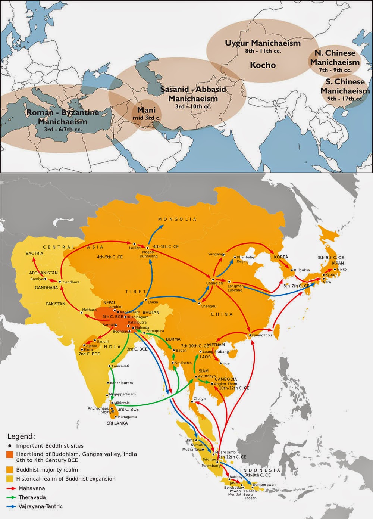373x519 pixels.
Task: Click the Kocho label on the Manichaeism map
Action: pyautogui.click(x=263, y=65)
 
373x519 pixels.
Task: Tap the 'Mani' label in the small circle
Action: pyautogui.click(x=146, y=111)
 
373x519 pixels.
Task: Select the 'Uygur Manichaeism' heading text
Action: pyautogui.click(x=263, y=43)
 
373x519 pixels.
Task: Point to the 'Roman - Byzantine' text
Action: pyautogui.click(x=63, y=112)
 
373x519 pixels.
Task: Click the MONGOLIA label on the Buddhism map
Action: pyautogui.click(x=177, y=219)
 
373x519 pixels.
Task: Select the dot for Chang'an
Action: pyautogui.click(x=213, y=279)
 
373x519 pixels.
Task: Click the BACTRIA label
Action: pyautogui.click(x=35, y=254)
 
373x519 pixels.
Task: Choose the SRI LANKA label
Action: pyautogui.click(x=117, y=423)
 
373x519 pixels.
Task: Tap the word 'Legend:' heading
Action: pyautogui.click(x=22, y=436)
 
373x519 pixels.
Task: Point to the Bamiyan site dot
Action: pyautogui.click(x=45, y=279)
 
